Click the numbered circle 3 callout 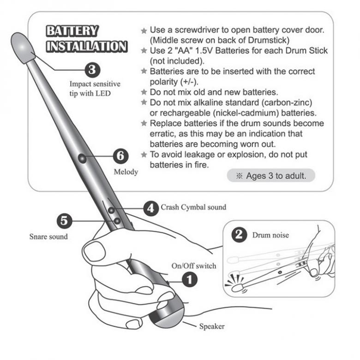[x=92, y=70]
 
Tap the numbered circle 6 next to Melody [x=121, y=156]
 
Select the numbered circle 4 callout [x=151, y=209]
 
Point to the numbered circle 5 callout [x=64, y=221]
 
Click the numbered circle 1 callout [x=190, y=280]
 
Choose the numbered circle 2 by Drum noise [x=239, y=235]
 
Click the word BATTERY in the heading [x=72, y=31]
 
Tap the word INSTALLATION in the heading [x=87, y=46]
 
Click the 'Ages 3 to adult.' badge [x=271, y=176]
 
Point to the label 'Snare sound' [x=48, y=236]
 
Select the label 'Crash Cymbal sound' [x=193, y=207]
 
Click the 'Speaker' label [x=212, y=326]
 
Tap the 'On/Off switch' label [x=194, y=266]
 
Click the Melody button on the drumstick [x=82, y=158]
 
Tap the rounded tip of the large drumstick [x=22, y=47]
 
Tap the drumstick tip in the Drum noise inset [x=237, y=288]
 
